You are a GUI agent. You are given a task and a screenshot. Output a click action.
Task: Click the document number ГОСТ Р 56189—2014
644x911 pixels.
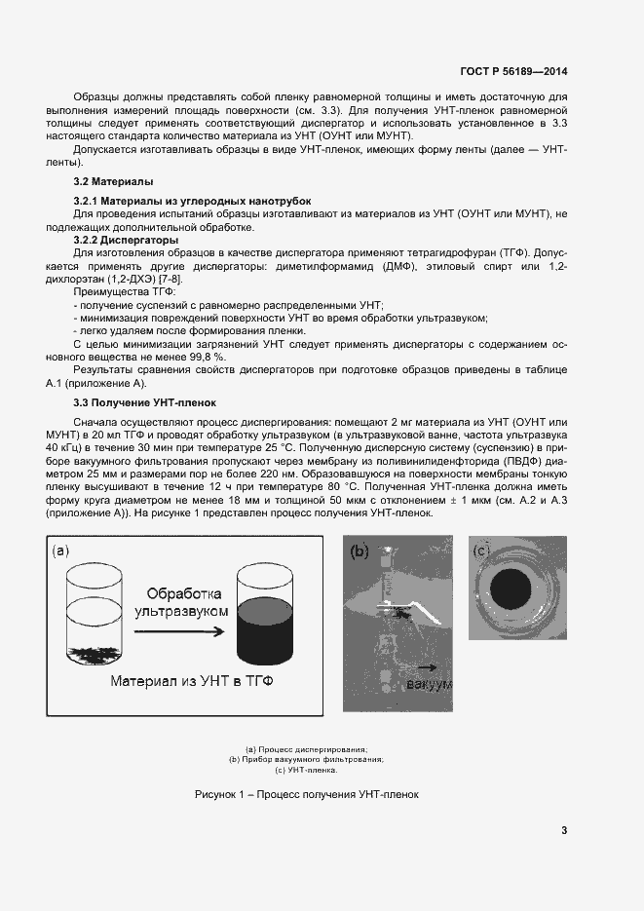click(x=513, y=71)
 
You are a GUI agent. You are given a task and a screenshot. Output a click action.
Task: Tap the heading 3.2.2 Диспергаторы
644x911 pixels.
click(x=126, y=239)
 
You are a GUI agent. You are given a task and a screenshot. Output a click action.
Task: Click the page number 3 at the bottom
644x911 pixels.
click(x=564, y=830)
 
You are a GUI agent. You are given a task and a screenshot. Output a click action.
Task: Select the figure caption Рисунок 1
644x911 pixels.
click(x=306, y=794)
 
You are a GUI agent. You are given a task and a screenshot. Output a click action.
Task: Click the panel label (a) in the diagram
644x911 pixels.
click(x=61, y=551)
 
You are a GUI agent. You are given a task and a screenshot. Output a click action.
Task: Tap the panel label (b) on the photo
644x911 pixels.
click(x=359, y=552)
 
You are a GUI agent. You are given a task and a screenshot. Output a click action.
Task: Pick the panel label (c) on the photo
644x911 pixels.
click(x=481, y=550)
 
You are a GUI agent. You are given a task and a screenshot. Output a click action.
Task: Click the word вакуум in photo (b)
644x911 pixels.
click(x=430, y=684)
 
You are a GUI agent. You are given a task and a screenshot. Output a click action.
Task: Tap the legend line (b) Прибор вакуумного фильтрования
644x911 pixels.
click(x=306, y=759)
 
